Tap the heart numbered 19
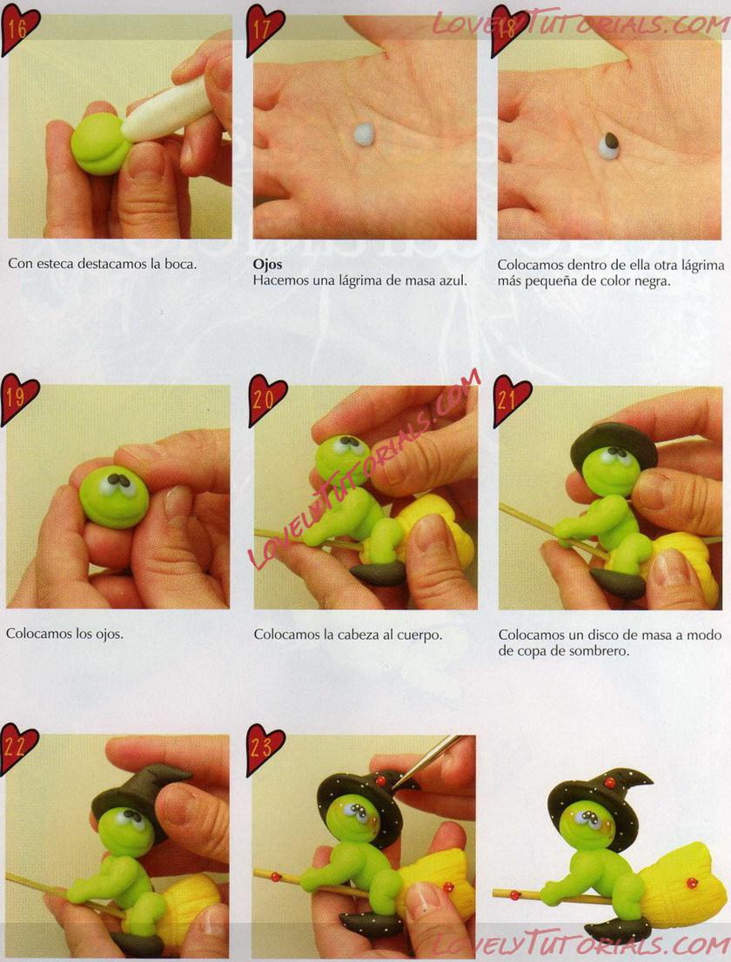[x=19, y=399]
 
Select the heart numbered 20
[x=267, y=400]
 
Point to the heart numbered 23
[x=265, y=749]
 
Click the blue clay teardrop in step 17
[x=365, y=133]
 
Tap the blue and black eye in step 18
[x=609, y=146]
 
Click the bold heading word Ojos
[x=267, y=265]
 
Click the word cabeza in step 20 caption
[x=359, y=635]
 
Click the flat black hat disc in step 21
[x=614, y=441]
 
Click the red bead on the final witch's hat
[x=609, y=784]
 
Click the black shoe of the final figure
[x=618, y=930]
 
